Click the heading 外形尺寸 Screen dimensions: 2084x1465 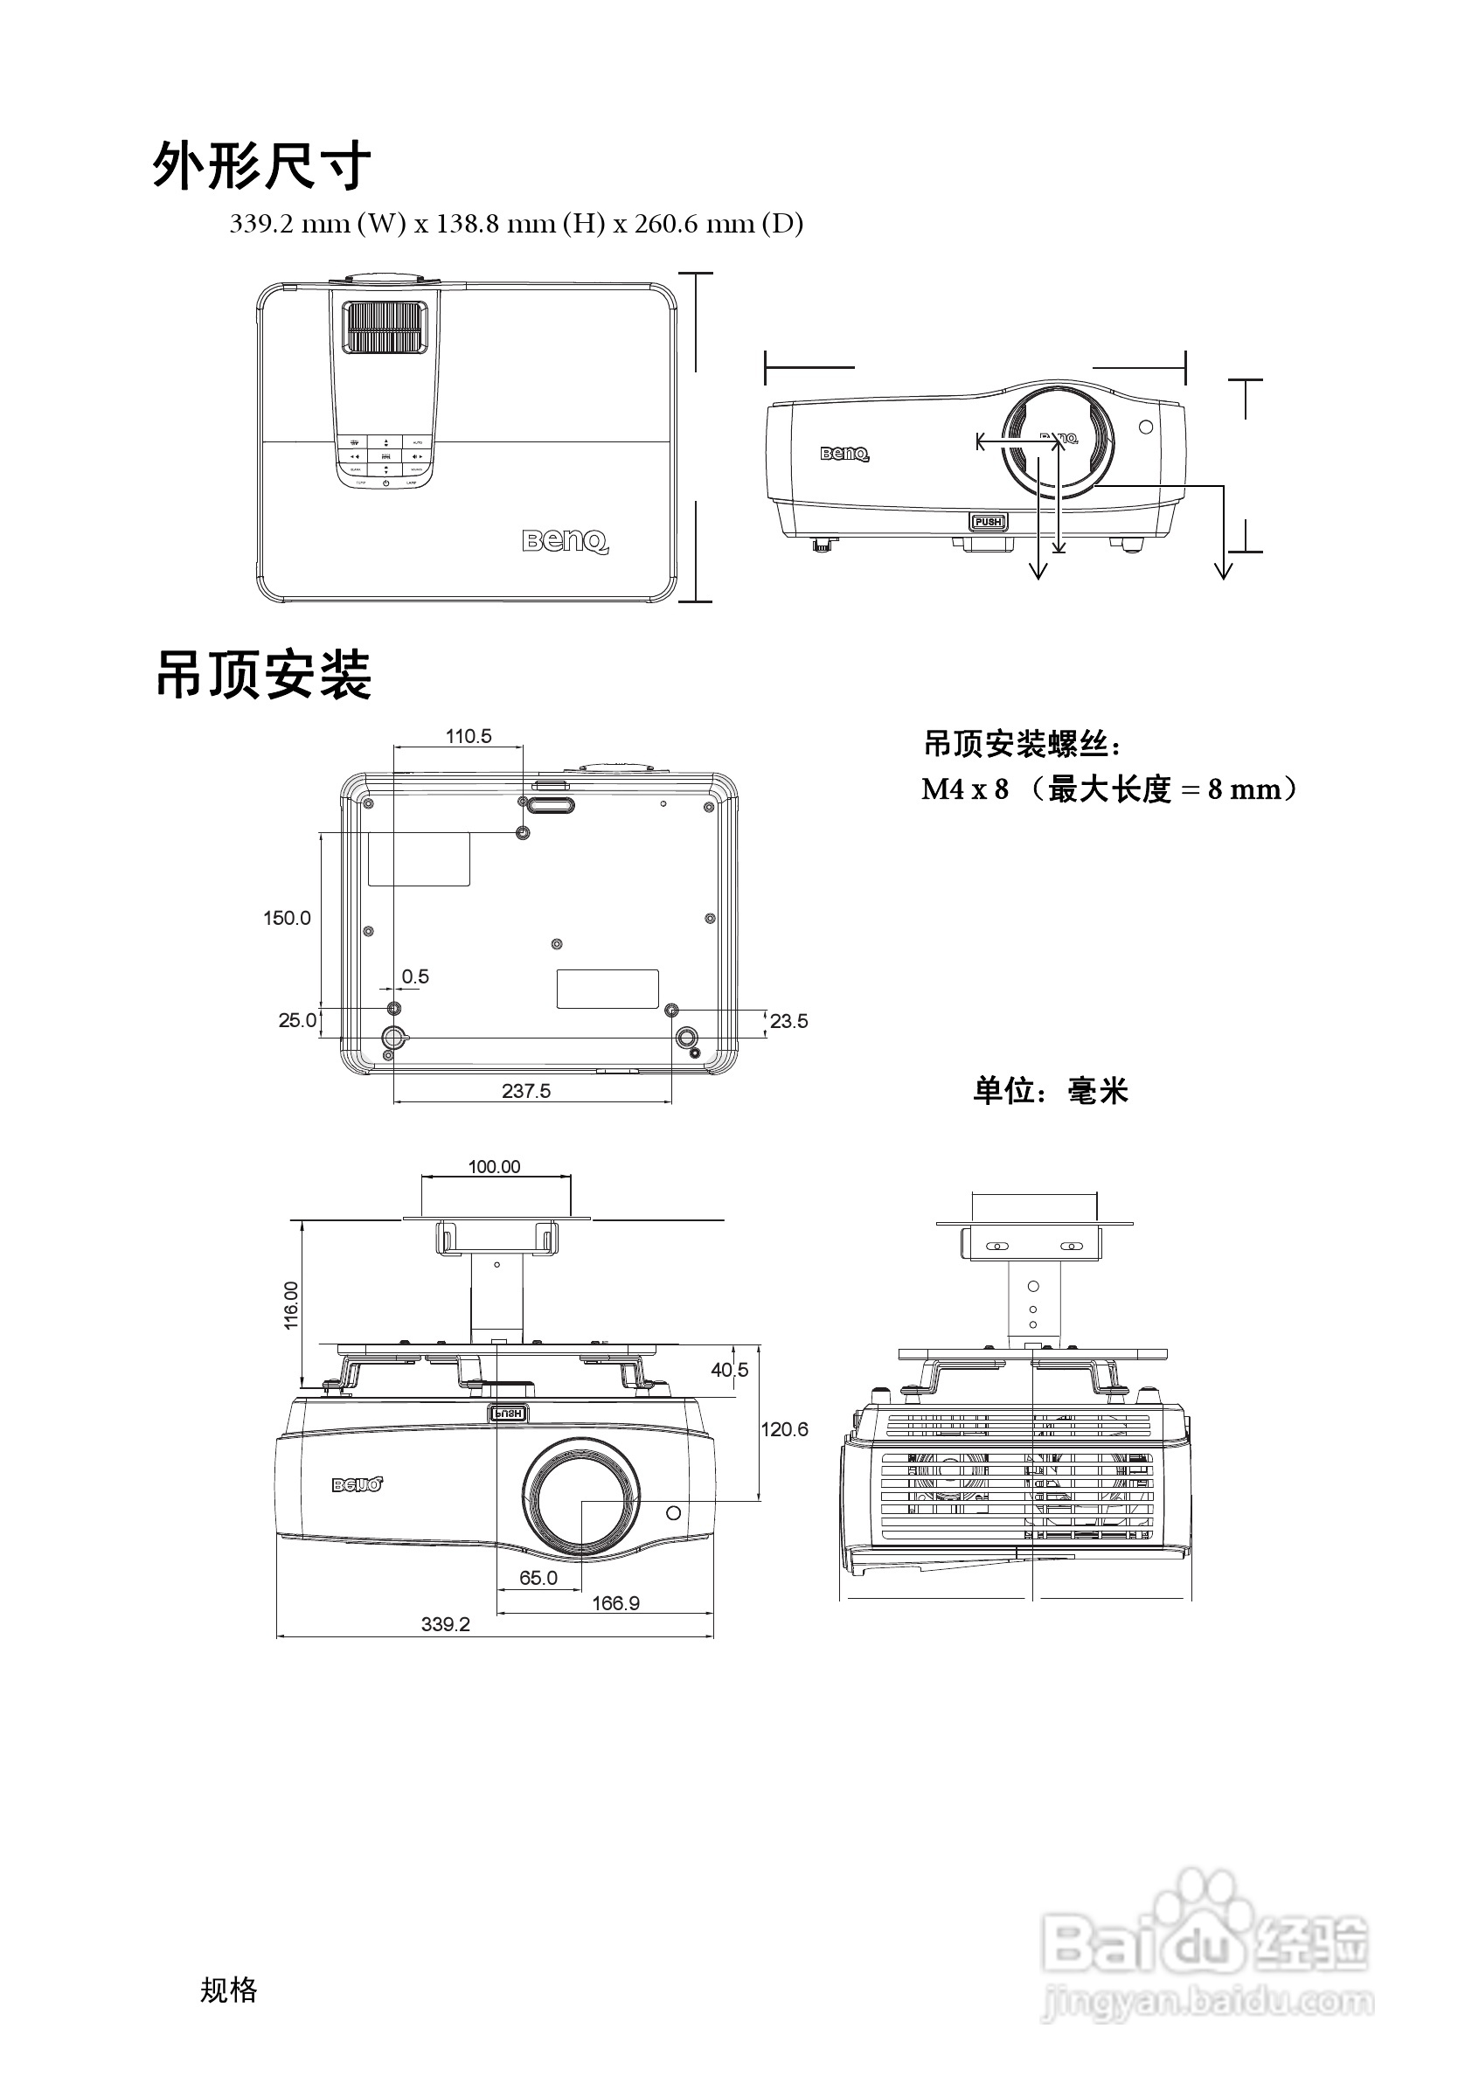pyautogui.click(x=261, y=166)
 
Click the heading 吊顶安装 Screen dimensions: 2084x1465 pyautogui.click(x=263, y=676)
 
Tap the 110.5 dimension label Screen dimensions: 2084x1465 pyautogui.click(x=469, y=736)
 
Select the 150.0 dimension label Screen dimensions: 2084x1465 pyautogui.click(x=287, y=918)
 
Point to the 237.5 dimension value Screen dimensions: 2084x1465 pyautogui.click(x=526, y=1091)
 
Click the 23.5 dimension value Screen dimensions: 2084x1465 pyautogui.click(x=788, y=1021)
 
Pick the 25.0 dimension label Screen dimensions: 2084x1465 pyautogui.click(x=297, y=1020)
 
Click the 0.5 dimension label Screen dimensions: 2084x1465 pyautogui.click(x=415, y=976)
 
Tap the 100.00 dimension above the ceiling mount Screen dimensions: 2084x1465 pyautogui.click(x=495, y=1166)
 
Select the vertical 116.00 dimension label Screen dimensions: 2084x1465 pyautogui.click(x=290, y=1305)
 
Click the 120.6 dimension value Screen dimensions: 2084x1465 pyautogui.click(x=784, y=1429)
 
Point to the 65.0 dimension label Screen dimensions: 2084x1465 pyautogui.click(x=538, y=1578)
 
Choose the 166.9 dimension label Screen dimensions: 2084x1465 pyautogui.click(x=615, y=1603)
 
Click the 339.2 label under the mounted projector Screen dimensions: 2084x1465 pyautogui.click(x=446, y=1624)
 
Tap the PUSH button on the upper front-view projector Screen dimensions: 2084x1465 pyautogui.click(x=988, y=522)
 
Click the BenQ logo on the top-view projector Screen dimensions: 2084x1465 pyautogui.click(x=565, y=542)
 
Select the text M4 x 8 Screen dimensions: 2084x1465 pyautogui.click(x=965, y=789)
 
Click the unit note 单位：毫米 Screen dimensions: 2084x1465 pyautogui.click(x=1050, y=1090)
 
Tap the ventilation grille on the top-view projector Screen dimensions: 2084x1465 pyautogui.click(x=382, y=328)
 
